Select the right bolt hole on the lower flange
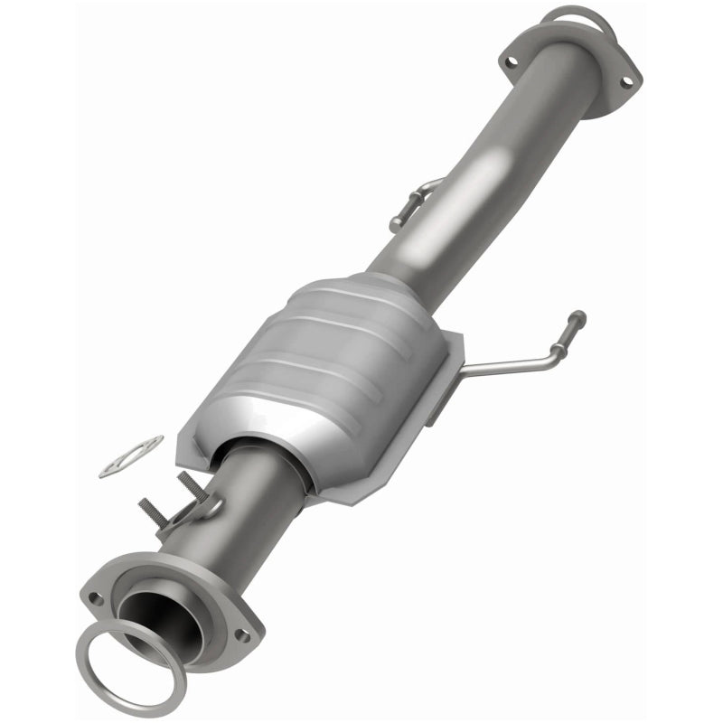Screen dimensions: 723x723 coord(242,636)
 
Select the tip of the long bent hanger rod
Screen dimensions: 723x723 coord(577,317)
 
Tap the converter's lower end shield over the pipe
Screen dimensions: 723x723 coord(271,452)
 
